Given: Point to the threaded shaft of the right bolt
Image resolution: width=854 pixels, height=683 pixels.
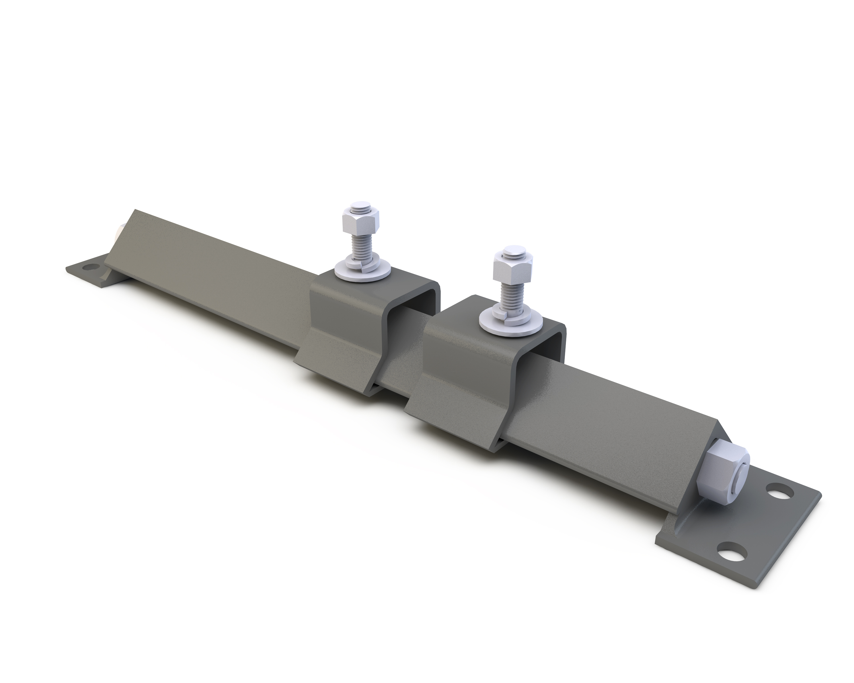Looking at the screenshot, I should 511,293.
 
